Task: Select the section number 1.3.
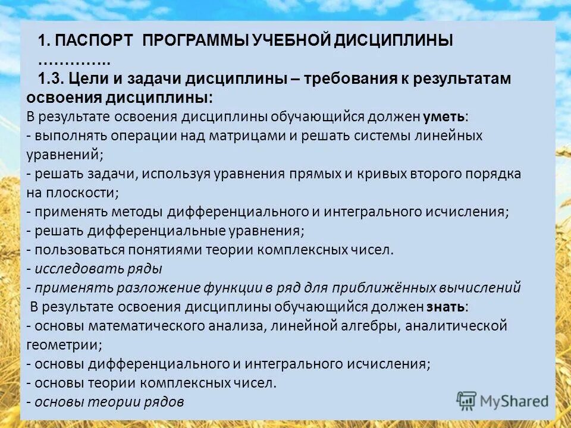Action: (x=51, y=78)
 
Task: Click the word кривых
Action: (x=378, y=174)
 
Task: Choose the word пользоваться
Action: (x=74, y=250)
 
